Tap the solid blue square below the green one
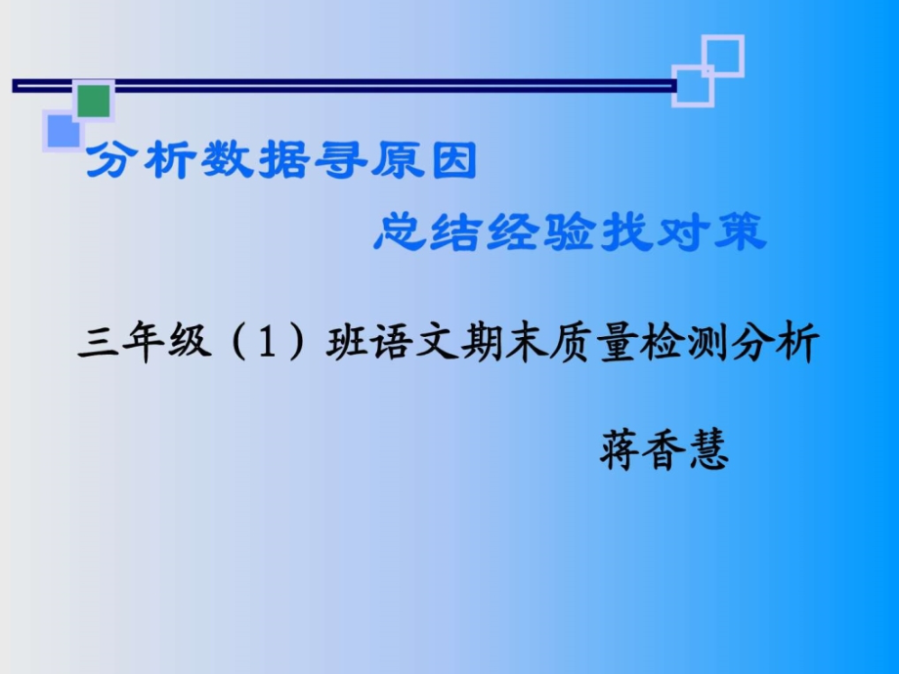(60, 130)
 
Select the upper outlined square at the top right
(723, 56)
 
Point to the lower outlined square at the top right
(693, 85)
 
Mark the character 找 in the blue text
(619, 232)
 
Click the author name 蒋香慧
(664, 451)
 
